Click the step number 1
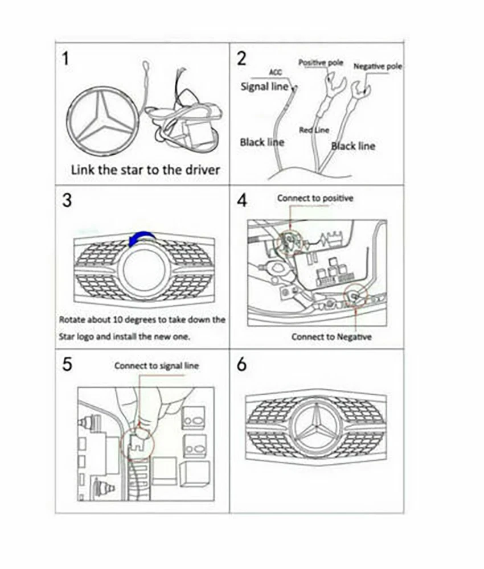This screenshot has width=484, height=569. (x=67, y=59)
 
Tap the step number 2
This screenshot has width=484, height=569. (x=242, y=59)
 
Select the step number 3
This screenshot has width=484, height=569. (x=67, y=201)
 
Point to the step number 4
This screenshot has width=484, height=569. (x=242, y=201)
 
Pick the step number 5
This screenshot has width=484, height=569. (x=67, y=365)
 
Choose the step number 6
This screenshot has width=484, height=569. (x=242, y=365)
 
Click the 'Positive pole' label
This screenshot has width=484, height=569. (x=321, y=63)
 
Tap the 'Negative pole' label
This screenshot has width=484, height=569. (x=378, y=67)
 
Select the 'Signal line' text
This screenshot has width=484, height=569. (x=264, y=87)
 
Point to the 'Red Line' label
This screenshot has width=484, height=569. (x=314, y=130)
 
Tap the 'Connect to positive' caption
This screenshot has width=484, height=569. (x=315, y=198)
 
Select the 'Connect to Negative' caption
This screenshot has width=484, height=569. (x=331, y=337)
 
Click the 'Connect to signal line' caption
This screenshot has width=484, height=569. (x=157, y=365)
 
